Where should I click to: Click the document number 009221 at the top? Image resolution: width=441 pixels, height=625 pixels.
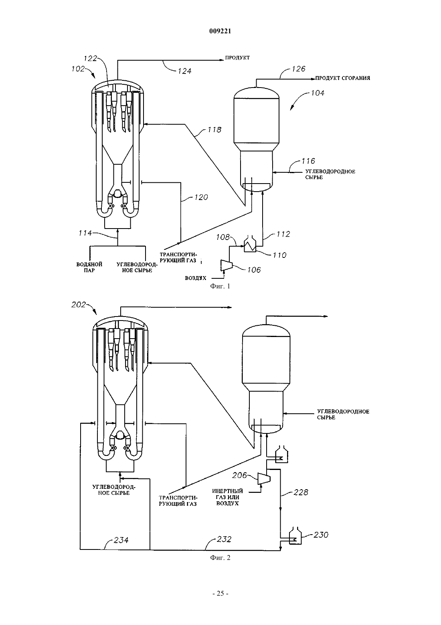point(220,31)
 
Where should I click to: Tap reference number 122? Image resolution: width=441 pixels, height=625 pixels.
point(90,58)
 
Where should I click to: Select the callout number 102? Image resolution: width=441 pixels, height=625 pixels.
point(78,69)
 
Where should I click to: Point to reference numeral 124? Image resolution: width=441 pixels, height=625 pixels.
point(184,71)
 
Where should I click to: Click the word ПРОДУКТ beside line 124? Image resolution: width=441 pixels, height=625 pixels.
point(237,58)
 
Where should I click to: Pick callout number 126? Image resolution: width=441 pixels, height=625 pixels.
point(298,69)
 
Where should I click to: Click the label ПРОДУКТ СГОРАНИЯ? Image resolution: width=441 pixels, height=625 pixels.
point(342,78)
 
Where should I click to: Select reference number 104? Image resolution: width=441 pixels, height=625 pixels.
point(318,93)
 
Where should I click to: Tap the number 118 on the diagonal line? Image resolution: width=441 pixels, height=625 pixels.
point(214,130)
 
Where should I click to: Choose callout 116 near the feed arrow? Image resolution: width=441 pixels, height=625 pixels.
point(308,161)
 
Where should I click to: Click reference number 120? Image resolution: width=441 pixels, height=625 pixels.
point(201,197)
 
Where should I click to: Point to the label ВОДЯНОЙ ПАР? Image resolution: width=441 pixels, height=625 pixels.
point(89,267)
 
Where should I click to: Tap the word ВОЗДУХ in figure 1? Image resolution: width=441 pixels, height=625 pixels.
point(196,278)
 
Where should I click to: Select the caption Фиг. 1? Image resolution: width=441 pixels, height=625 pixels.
point(220,286)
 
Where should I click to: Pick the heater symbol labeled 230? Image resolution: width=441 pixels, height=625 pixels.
point(295,535)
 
